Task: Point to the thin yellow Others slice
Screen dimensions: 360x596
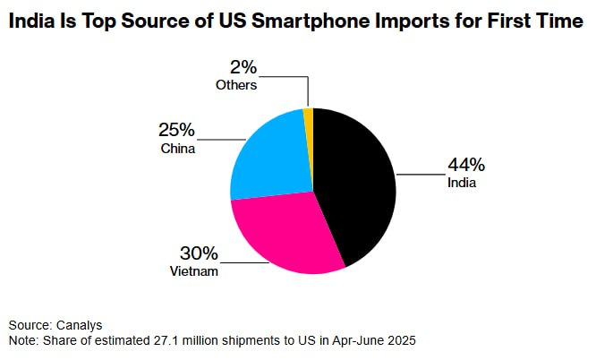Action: pyautogui.click(x=309, y=115)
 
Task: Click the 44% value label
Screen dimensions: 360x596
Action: pyautogui.click(x=466, y=165)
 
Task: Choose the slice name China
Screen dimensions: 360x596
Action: pyautogui.click(x=178, y=148)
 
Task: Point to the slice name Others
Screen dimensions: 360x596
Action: pyautogui.click(x=236, y=85)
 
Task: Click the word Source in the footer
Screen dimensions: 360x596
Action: pyautogui.click(x=28, y=324)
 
